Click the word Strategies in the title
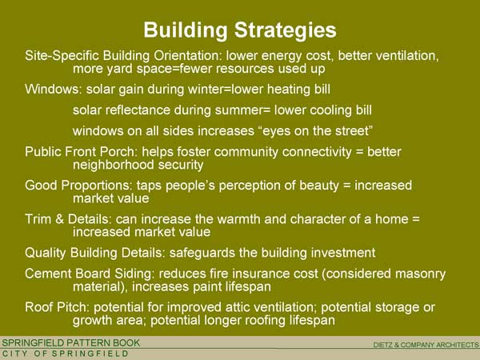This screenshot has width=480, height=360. [286, 31]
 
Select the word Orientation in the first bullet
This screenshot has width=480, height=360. [187, 56]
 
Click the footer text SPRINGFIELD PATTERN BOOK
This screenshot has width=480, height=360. [71, 343]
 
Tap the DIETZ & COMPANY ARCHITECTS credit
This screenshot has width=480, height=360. [426, 345]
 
